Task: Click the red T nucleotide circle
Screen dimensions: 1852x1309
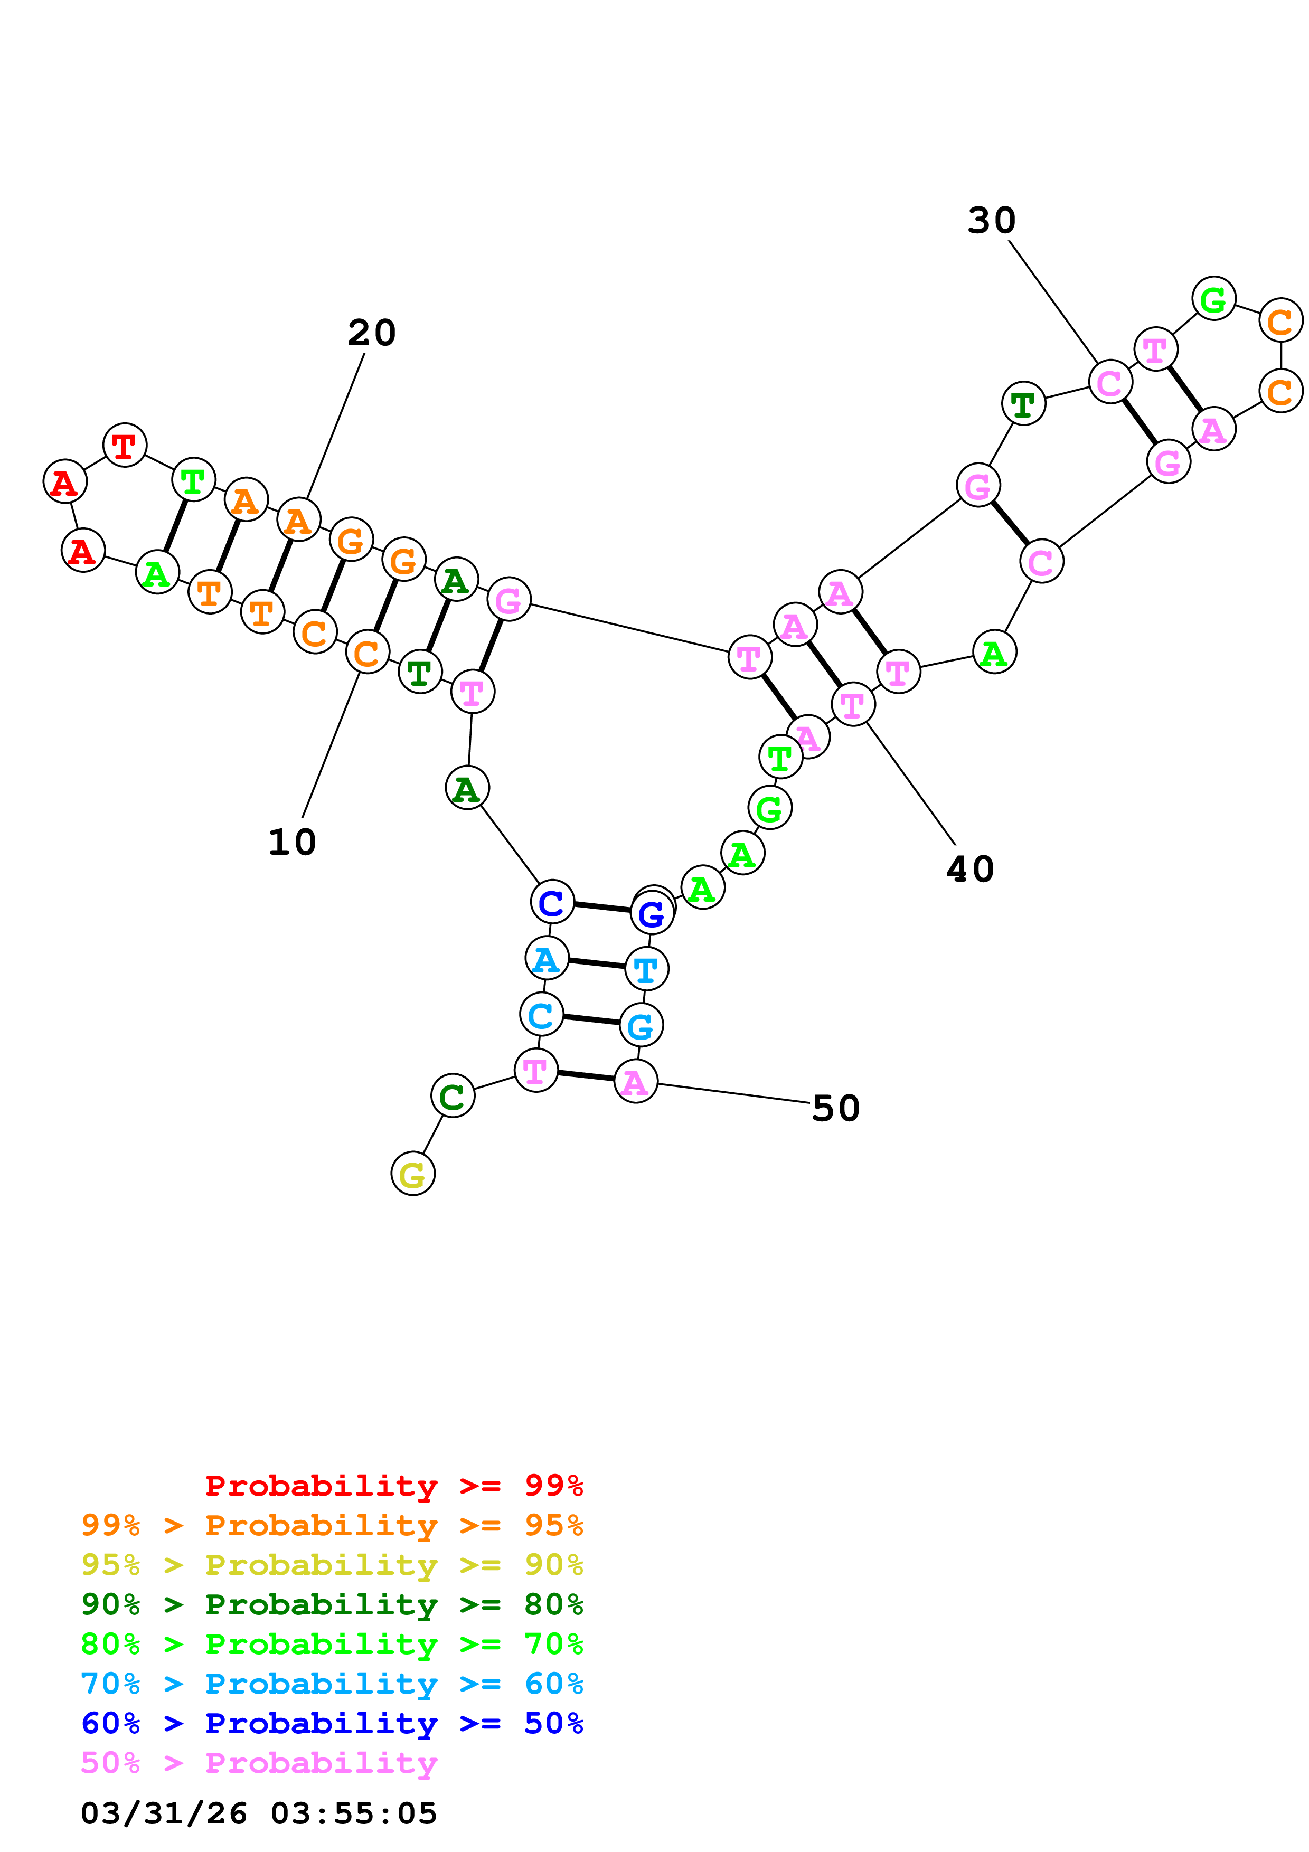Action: tap(124, 445)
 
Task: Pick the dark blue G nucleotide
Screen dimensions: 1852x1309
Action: tap(652, 913)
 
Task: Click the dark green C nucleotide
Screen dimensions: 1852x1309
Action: tap(453, 1095)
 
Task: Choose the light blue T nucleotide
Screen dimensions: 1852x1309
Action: tap(646, 969)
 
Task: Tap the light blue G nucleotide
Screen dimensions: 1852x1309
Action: tap(641, 1025)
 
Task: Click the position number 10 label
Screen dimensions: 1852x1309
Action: tap(292, 842)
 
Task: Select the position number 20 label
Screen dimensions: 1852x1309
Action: tap(372, 332)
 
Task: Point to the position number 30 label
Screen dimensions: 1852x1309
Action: tap(991, 220)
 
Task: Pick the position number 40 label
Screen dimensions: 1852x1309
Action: tap(970, 869)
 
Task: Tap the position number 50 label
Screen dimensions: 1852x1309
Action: tap(835, 1108)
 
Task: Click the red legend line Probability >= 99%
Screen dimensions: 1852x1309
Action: tap(393, 1485)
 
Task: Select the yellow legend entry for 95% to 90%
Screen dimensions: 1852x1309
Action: tap(332, 1564)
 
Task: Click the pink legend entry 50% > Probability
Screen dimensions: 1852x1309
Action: tap(259, 1762)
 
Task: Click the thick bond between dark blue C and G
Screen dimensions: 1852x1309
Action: tap(601, 908)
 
